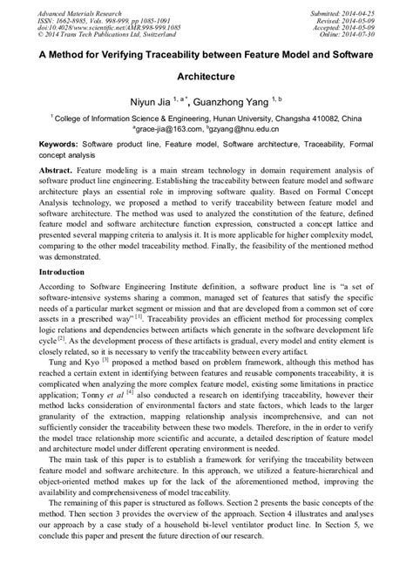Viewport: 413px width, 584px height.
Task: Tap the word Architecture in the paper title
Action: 206,76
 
